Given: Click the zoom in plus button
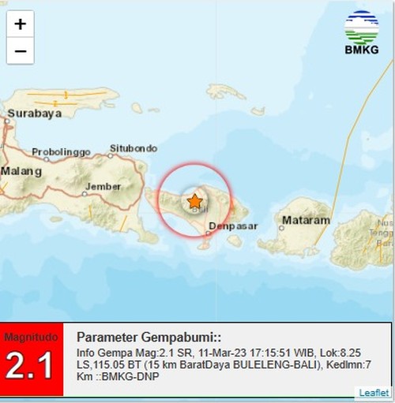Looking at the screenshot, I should tap(20, 24).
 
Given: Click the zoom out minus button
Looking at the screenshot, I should tap(20, 52).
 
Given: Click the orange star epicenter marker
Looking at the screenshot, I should tap(194, 202).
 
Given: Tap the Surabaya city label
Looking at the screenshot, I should tap(34, 114).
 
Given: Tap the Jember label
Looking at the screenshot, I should tap(103, 186).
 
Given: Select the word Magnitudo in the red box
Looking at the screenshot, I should tap(31, 337).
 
